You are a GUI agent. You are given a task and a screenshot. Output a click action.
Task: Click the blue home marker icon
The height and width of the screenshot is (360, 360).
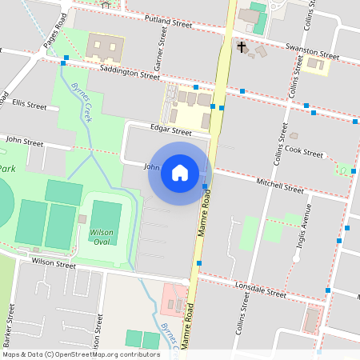click(179, 173)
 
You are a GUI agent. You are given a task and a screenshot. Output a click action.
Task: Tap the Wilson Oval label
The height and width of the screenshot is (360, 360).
click(102, 237)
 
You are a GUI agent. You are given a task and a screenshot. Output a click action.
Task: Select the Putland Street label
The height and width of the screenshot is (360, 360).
click(169, 21)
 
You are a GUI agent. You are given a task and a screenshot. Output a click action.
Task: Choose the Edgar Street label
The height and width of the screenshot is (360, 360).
click(170, 130)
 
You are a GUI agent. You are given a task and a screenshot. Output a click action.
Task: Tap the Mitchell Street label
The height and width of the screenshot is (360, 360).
click(280, 186)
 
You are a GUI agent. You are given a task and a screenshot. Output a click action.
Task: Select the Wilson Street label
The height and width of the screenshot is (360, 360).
click(54, 262)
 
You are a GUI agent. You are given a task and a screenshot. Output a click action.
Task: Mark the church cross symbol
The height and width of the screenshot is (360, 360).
click(242, 47)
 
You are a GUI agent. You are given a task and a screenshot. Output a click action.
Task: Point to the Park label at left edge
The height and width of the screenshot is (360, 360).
click(7, 169)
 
